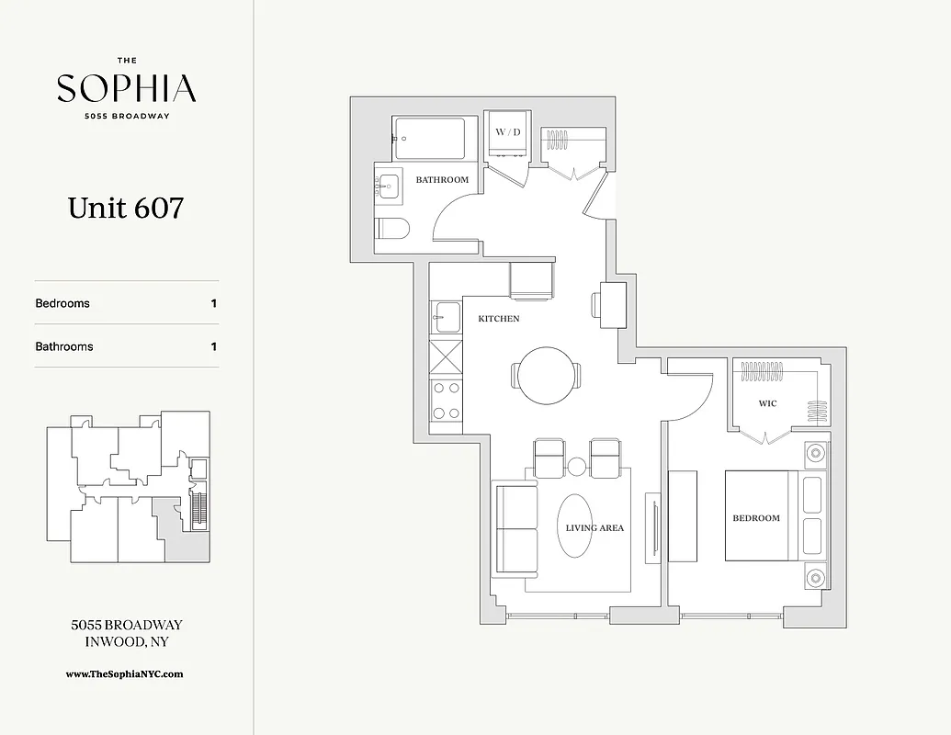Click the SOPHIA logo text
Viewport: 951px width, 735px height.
126,88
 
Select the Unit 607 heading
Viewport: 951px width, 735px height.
126,208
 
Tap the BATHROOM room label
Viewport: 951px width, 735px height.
442,180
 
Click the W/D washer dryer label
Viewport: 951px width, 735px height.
508,132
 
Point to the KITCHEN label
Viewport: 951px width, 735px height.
498,319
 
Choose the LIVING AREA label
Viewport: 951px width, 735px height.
594,528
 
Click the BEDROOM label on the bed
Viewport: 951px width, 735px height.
755,518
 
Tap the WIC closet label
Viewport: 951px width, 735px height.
767,403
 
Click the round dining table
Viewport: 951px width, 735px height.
546,375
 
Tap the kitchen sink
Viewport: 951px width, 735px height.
447,317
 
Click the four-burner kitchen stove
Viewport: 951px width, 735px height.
447,401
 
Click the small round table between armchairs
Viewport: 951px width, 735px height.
576,467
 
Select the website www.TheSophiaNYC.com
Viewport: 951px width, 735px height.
125,673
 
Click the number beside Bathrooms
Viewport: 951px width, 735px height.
214,346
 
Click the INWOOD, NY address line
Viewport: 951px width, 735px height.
126,641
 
